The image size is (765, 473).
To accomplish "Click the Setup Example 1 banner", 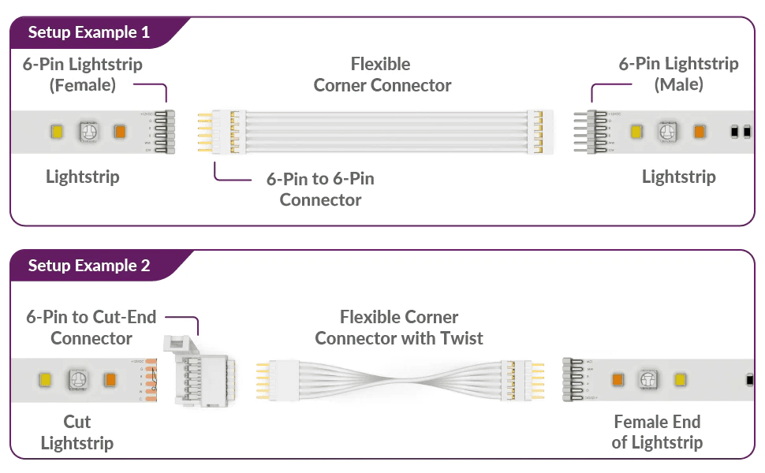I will coord(88,33).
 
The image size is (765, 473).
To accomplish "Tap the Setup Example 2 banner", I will coord(88,266).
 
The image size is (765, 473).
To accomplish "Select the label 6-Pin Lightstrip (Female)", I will coord(83,73).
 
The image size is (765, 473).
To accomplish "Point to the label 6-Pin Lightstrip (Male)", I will coord(678,73).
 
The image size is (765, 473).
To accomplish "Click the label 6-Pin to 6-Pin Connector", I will coord(319,189).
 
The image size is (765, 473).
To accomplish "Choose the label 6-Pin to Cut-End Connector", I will coord(91,327).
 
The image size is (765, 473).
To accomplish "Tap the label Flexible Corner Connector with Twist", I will coord(399,327).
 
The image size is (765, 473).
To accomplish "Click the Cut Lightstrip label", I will coord(77,432).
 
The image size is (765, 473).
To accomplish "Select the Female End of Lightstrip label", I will coord(657,432).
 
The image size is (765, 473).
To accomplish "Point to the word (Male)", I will coord(678,84).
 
